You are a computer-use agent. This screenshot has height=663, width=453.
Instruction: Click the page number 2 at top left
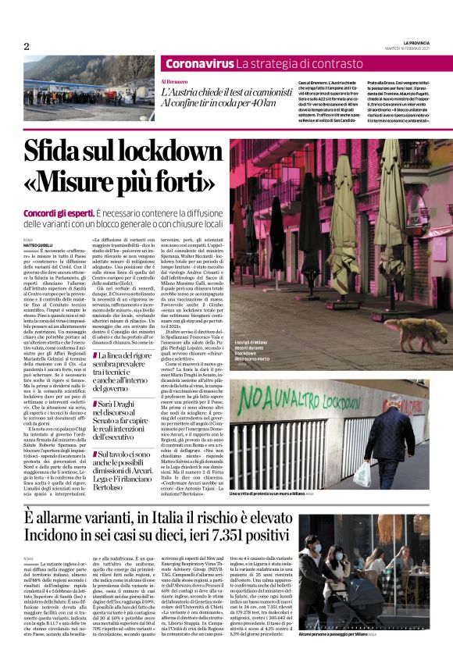26,47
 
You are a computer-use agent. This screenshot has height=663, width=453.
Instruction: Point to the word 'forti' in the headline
170,181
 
